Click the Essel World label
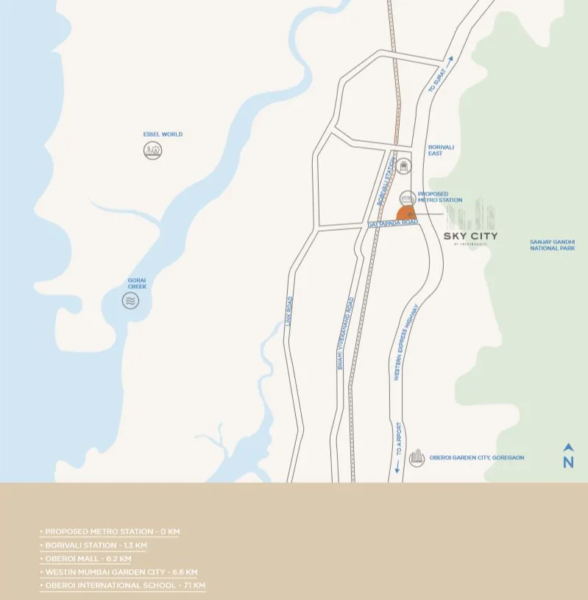click(x=163, y=135)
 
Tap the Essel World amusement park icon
click(x=152, y=151)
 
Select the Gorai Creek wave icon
click(x=130, y=300)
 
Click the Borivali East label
click(x=441, y=150)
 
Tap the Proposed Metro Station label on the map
click(x=440, y=197)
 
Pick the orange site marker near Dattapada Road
click(x=407, y=213)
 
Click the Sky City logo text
click(x=471, y=236)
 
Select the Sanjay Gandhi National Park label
click(x=552, y=245)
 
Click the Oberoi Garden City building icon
click(x=417, y=457)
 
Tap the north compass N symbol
click(x=568, y=457)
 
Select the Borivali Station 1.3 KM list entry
click(x=96, y=546)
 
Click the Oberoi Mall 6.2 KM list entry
click(x=88, y=559)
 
